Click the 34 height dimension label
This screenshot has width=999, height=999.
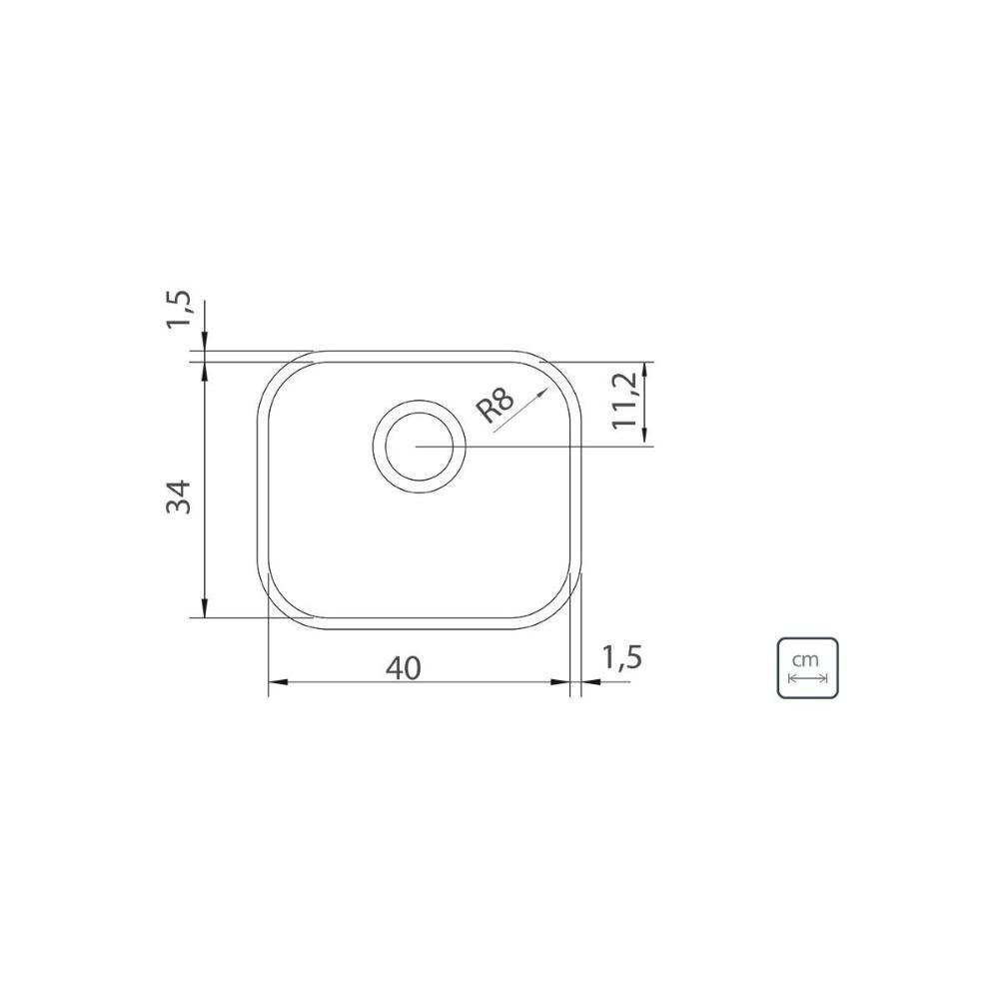[x=179, y=497]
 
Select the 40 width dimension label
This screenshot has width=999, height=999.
[x=404, y=667]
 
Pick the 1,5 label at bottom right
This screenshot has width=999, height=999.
[x=621, y=657]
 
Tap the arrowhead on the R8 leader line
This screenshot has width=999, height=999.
[x=541, y=394]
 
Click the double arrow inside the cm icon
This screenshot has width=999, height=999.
[x=807, y=678]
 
